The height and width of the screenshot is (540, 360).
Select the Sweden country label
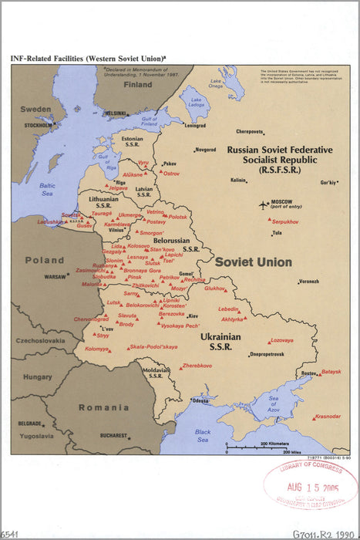click(x=35, y=110)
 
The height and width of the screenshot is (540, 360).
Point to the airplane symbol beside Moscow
click(x=265, y=205)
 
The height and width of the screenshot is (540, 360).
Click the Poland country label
click(x=45, y=260)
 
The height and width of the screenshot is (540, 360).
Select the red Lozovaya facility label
click(x=281, y=340)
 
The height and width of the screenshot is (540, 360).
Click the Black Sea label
click(x=203, y=435)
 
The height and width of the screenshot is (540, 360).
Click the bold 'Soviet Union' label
click(x=253, y=262)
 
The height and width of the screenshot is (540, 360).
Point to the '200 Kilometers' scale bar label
click(x=275, y=444)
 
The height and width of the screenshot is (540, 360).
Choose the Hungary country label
click(x=37, y=377)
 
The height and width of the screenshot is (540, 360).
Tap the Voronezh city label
click(x=308, y=281)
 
